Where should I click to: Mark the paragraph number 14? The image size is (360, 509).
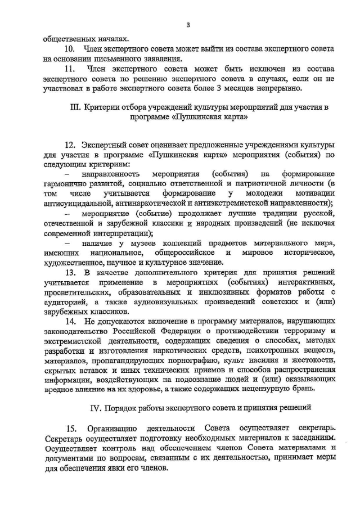pos(70,322)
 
